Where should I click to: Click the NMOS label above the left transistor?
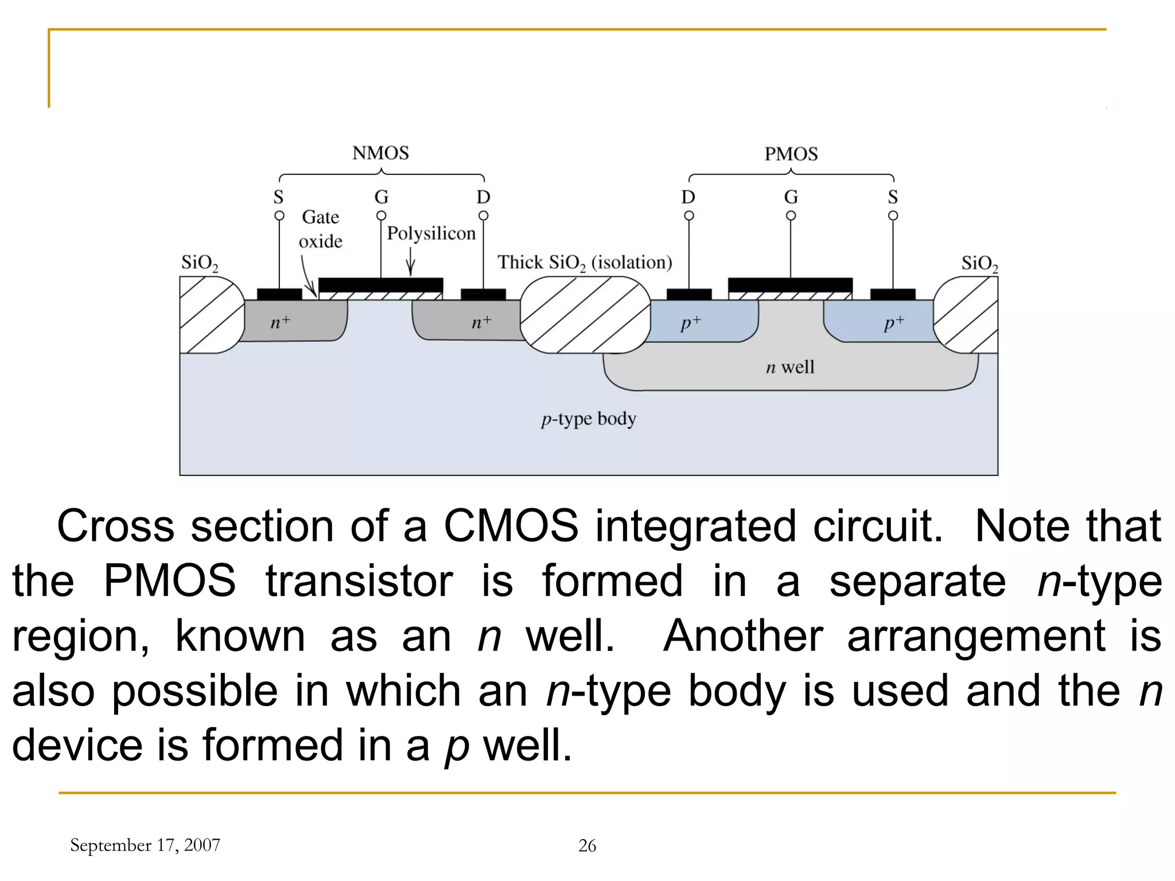coord(380,153)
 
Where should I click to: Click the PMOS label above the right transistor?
coord(791,154)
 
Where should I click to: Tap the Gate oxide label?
coord(320,229)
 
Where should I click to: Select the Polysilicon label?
coord(431,233)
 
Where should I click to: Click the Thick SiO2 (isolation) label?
coord(584,263)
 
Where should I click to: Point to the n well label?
coord(789,367)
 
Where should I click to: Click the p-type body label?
coord(588,419)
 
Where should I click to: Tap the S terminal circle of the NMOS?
coord(279,216)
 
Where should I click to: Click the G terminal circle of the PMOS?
coord(791,216)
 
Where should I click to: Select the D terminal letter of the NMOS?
coord(483,197)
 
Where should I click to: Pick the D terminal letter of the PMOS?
coord(688,197)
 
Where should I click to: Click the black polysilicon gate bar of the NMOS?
coord(380,285)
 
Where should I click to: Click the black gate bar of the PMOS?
coord(790,285)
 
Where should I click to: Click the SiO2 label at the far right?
coord(979,264)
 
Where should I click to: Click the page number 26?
coord(587,845)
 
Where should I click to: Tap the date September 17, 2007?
coord(145,845)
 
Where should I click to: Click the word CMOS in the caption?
coord(511,526)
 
